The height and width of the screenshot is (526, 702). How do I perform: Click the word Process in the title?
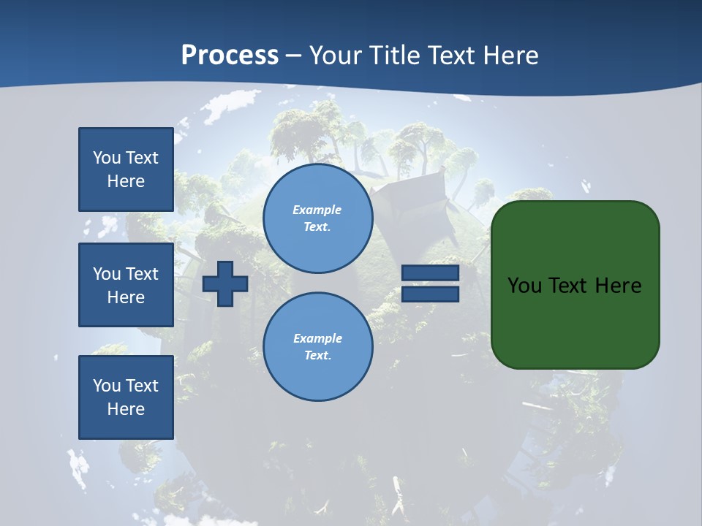(230, 56)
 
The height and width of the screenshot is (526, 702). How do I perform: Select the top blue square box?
(126, 169)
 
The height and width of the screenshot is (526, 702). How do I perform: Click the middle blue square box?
(126, 285)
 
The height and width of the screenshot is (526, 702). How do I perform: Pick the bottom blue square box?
(126, 397)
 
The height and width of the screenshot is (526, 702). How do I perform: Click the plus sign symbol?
(225, 284)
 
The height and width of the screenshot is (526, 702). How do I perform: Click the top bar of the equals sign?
(430, 272)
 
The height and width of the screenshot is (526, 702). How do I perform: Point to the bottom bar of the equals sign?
(430, 294)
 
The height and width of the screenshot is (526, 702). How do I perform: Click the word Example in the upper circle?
(317, 210)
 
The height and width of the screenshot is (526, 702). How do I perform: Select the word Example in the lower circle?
(317, 338)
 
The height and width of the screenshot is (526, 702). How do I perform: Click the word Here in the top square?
(126, 181)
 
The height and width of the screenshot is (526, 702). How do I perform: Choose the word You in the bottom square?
(107, 386)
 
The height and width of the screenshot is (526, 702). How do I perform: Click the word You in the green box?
(524, 286)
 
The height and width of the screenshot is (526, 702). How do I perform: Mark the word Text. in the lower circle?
(317, 356)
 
